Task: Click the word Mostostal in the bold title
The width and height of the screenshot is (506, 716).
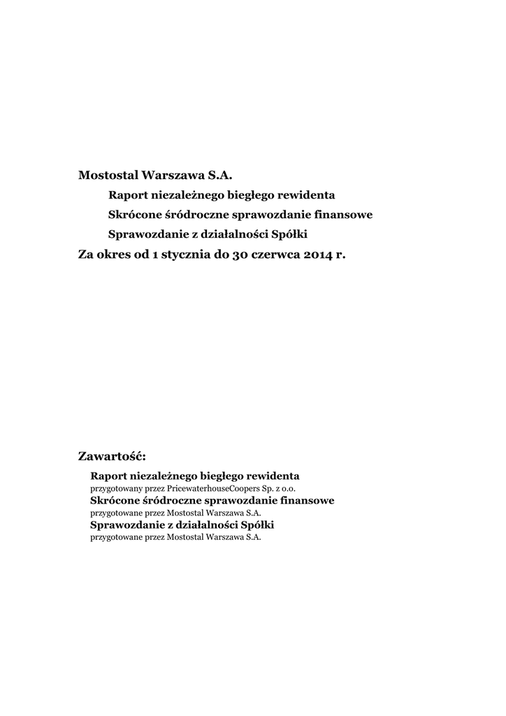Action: (108, 173)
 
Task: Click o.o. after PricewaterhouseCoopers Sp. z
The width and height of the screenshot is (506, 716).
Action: (298, 488)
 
